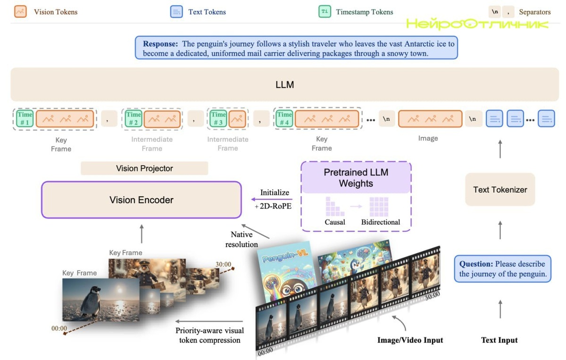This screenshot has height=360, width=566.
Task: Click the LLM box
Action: [284, 85]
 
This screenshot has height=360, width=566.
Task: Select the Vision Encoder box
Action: [141, 200]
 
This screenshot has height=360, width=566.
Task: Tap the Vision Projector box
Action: [144, 168]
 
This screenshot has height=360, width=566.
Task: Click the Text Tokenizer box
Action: [500, 190]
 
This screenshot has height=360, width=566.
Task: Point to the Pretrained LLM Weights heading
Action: [356, 177]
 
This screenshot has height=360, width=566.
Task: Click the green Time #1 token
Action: [25, 119]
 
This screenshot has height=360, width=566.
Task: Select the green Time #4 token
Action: [284, 119]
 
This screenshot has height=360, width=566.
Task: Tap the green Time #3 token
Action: [218, 119]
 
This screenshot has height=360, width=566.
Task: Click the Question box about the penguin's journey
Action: [502, 268]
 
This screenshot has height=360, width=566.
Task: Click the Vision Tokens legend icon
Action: [20, 12]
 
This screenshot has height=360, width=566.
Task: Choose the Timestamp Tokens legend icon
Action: [325, 12]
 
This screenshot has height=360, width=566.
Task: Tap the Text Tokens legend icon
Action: [176, 12]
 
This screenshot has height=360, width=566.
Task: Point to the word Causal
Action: [335, 222]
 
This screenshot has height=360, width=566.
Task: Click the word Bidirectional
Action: [381, 222]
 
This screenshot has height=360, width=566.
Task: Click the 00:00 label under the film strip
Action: [266, 351]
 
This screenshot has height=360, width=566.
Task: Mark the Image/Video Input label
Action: [410, 340]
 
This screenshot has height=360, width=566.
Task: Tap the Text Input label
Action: [499, 340]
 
